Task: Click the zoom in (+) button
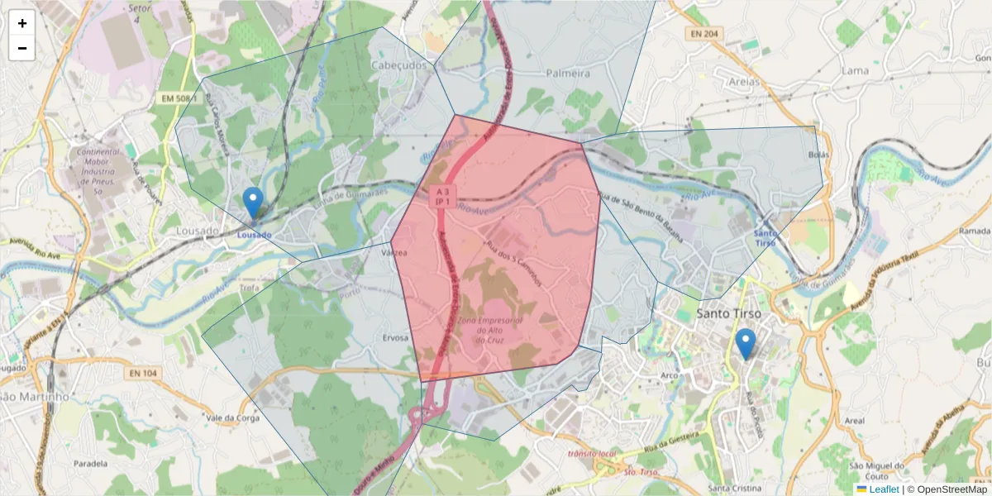22,23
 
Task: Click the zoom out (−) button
22,48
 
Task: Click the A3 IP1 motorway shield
442,196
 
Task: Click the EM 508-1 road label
178,98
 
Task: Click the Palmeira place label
568,74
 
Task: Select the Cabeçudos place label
400,65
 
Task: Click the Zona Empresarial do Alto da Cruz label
489,329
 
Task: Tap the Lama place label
854,70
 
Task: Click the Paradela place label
90,464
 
